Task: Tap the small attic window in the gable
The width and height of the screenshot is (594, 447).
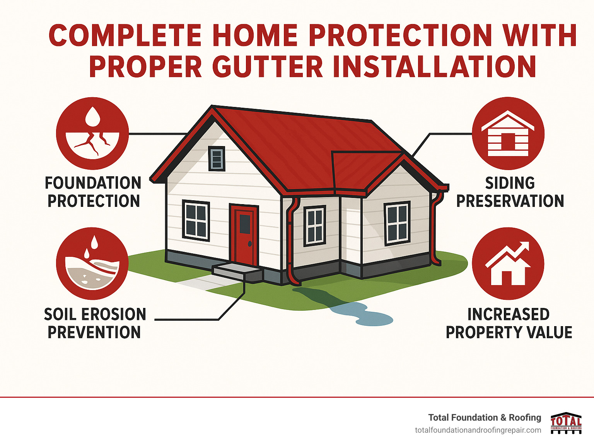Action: (x=217, y=158)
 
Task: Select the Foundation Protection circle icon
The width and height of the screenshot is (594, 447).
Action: (x=92, y=133)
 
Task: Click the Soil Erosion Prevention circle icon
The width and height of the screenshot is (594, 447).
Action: (x=92, y=263)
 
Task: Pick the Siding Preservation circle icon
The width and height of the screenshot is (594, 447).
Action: (x=508, y=133)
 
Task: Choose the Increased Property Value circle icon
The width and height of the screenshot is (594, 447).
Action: (x=508, y=263)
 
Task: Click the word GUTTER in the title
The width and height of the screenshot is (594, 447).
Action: (x=267, y=67)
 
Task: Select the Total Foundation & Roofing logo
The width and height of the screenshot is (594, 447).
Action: (x=566, y=423)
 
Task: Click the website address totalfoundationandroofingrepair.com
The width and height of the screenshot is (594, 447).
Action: (x=478, y=430)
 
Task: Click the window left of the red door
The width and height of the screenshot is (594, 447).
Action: (x=196, y=220)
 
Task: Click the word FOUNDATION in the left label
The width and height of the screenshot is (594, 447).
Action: (x=93, y=183)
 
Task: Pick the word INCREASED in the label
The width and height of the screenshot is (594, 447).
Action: (x=508, y=315)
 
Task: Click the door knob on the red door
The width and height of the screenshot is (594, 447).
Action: (x=250, y=244)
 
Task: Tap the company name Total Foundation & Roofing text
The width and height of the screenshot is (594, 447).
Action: (x=485, y=418)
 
